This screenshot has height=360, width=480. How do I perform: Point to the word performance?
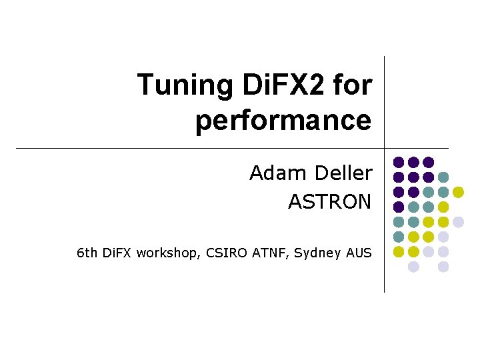[283, 121]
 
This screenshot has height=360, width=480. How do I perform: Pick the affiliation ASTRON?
[329, 201]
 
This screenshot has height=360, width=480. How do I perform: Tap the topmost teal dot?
[443, 177]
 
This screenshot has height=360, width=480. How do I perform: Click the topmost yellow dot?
[458, 192]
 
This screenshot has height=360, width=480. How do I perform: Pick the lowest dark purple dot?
[399, 207]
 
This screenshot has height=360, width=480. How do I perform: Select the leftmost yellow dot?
[399, 251]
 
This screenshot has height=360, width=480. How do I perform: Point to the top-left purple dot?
[399, 162]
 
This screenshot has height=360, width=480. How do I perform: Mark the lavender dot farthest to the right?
[458, 222]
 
